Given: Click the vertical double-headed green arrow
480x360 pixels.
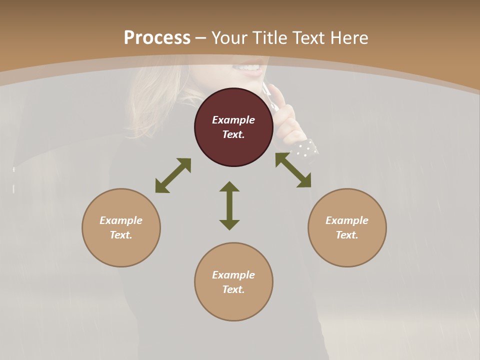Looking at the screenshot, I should tap(229, 205).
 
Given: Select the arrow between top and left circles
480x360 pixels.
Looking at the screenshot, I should tap(173, 175).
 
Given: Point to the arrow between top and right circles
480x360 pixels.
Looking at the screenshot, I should tap(293, 170).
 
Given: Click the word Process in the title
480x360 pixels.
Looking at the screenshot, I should tap(157, 38).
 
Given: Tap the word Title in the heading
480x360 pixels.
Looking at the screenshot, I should tap(269, 38).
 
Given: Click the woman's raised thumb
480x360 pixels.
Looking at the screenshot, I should tap(276, 95).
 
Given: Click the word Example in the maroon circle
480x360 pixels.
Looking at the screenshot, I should tap(233, 120).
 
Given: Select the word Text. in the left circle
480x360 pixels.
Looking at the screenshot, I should tap(121, 235).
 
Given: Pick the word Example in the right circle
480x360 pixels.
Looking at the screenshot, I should tap(347, 220).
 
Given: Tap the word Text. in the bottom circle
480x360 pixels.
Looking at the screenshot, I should tap(233, 289).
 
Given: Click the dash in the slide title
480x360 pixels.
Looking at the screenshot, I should tap(200, 38).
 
